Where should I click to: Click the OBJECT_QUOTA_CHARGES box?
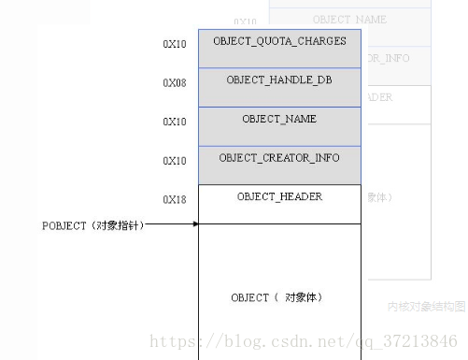click(279, 48)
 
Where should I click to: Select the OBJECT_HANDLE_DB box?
click(279, 87)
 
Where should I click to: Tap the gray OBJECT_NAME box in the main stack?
click(279, 126)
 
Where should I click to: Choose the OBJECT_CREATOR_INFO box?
click(279, 165)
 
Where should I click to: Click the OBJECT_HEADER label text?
click(279, 196)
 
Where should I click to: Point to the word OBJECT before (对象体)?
click(249, 297)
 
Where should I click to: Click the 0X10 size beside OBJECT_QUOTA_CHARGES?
click(175, 44)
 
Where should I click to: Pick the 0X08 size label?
click(175, 83)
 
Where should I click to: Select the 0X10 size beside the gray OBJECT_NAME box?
click(175, 122)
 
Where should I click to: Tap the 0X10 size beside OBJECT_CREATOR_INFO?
click(175, 161)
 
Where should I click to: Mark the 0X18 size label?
click(175, 200)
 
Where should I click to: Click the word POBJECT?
click(64, 225)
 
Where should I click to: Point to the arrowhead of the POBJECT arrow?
click(195, 224)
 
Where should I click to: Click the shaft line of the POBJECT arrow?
click(168, 224)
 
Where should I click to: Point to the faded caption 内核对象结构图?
click(426, 306)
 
